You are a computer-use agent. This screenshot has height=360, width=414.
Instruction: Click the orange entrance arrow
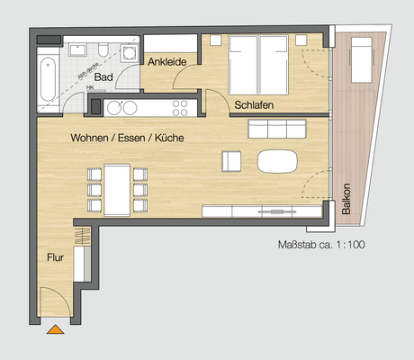point(56,329)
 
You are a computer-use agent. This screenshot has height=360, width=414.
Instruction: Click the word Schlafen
point(254,105)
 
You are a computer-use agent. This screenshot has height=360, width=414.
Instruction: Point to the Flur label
point(56,257)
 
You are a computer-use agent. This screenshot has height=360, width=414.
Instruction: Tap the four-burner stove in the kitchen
point(180,107)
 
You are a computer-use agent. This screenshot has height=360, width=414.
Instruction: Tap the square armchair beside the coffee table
point(232,161)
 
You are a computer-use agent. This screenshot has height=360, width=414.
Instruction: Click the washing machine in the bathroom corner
point(94,105)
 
